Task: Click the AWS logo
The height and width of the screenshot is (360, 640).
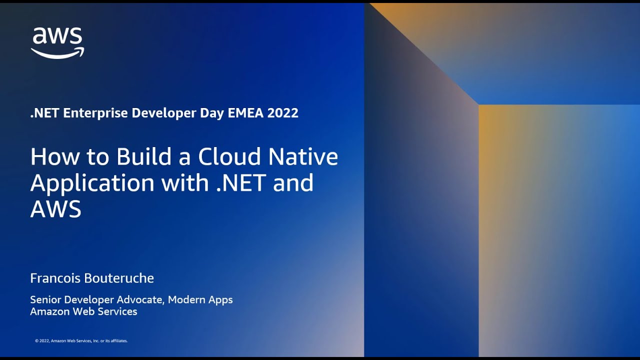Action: (x=57, y=42)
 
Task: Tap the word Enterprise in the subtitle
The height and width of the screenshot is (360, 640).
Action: (x=95, y=113)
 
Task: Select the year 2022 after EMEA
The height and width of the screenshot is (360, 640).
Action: (x=282, y=113)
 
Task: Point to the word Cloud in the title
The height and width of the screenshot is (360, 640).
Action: (x=229, y=157)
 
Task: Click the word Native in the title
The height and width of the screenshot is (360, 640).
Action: (x=303, y=157)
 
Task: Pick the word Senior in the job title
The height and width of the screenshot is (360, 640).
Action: (x=45, y=300)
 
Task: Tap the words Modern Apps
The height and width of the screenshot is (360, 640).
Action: (x=200, y=300)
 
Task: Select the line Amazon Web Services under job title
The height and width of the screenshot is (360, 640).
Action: (x=83, y=311)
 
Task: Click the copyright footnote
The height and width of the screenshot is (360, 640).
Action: (x=81, y=341)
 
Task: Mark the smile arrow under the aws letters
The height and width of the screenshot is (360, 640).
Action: (x=57, y=52)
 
